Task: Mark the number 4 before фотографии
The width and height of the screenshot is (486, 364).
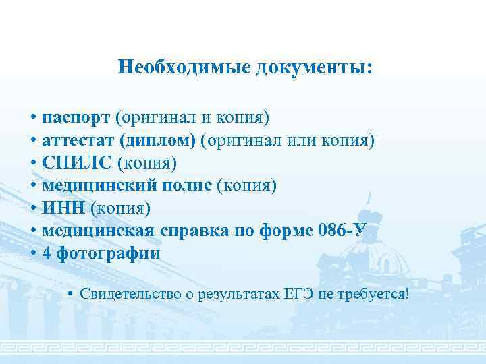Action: [x=47, y=253]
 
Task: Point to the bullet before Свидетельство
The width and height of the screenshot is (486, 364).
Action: [x=71, y=295]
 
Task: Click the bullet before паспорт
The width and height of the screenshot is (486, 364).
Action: [x=33, y=119]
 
